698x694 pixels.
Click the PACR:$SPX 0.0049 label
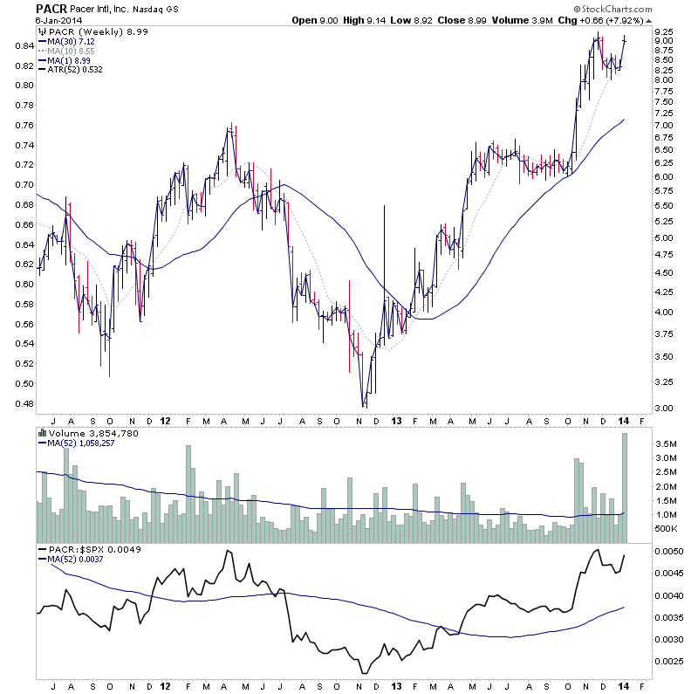tap(92, 550)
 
